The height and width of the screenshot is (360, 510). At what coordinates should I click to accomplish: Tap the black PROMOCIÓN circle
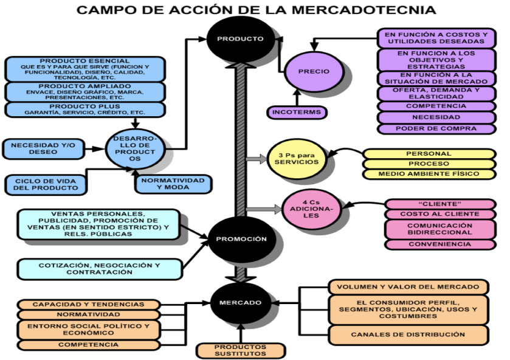[x=239, y=239]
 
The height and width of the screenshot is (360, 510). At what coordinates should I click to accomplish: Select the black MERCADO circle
[x=241, y=302]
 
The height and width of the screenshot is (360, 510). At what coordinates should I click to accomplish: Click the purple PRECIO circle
[x=314, y=71]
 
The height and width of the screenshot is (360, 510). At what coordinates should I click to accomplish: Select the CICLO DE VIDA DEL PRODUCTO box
[x=46, y=184]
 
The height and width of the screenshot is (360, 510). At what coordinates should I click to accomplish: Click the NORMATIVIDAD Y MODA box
[x=173, y=184]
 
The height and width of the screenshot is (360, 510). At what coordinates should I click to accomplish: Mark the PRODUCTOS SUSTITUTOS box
[x=241, y=350]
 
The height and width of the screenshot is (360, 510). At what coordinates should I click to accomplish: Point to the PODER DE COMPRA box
[x=436, y=129]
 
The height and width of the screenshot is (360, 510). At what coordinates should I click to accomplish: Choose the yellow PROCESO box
[x=429, y=164]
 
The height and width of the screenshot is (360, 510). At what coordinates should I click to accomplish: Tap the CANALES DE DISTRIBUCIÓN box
[x=408, y=334]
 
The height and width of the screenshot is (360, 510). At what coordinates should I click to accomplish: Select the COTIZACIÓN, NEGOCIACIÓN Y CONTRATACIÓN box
[x=99, y=269]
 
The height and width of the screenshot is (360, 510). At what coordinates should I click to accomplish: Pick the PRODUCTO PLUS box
[x=84, y=109]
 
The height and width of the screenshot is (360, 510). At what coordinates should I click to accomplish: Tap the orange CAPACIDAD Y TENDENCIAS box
[x=88, y=304]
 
